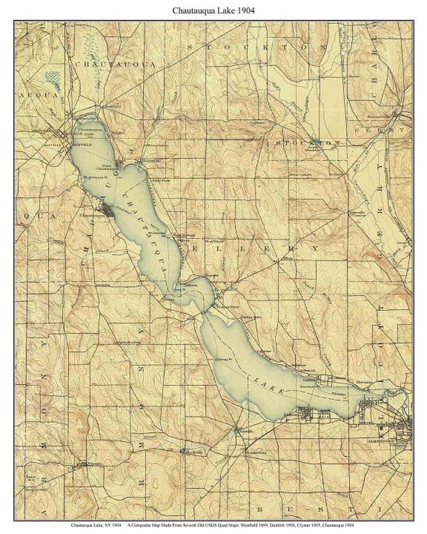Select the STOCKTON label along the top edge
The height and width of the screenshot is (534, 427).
(246, 46)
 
